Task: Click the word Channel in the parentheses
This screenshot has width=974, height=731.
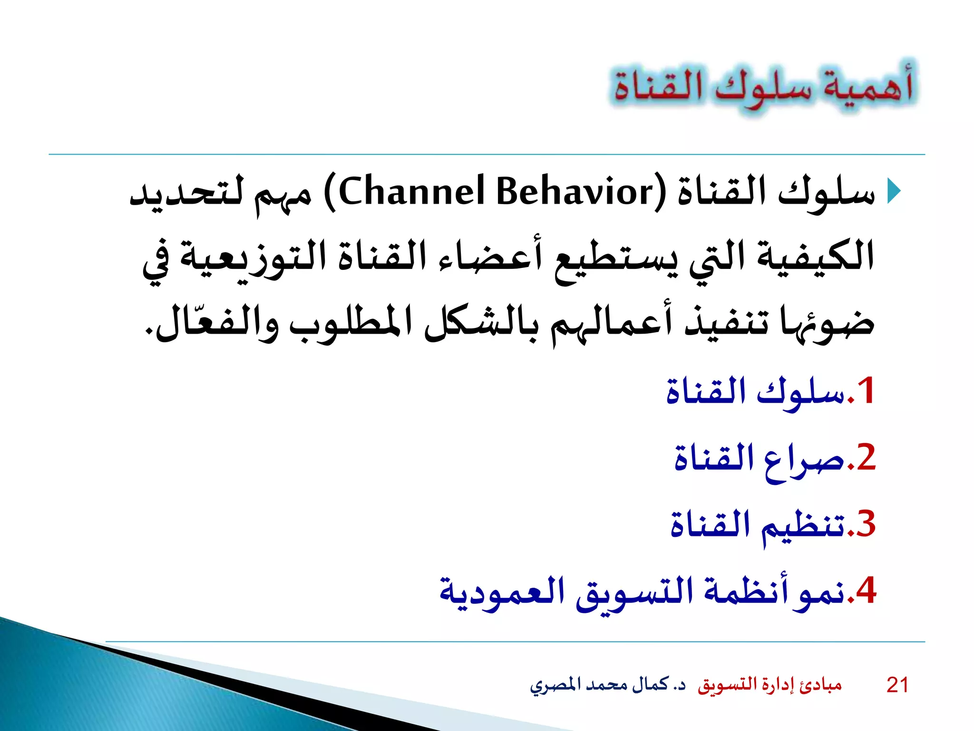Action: (412, 192)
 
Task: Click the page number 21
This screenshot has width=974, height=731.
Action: (897, 685)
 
